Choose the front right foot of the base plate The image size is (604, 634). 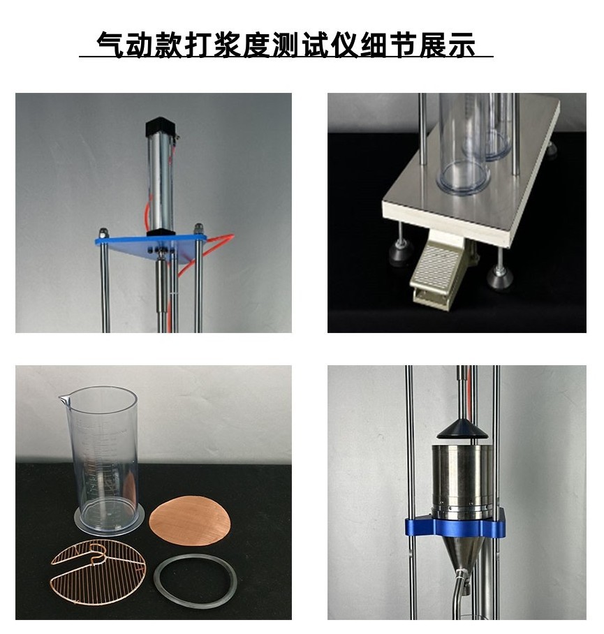[x=500, y=279]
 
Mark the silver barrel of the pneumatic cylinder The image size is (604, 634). [x=159, y=185]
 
